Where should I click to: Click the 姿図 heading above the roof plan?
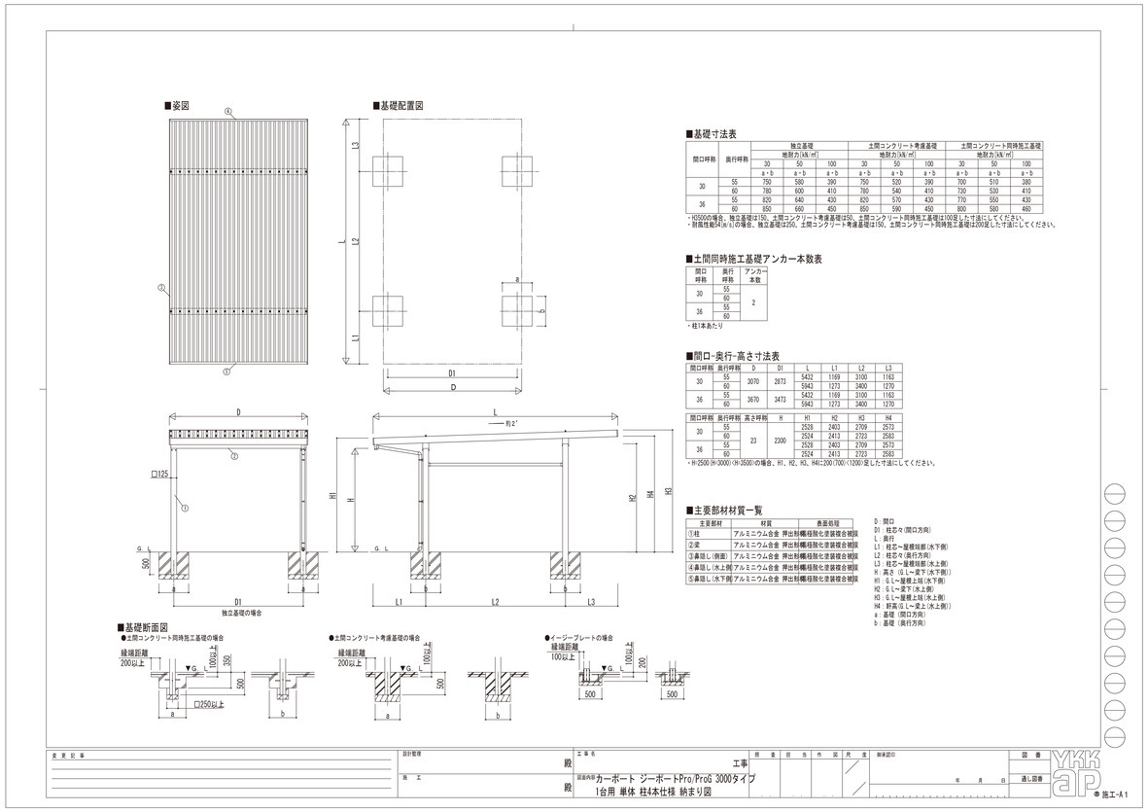coord(178,105)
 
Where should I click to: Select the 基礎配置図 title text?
coord(399,105)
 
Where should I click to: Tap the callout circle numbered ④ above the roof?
coord(228,112)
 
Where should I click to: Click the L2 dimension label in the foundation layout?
coord(356,240)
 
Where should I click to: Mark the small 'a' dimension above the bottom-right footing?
coord(516,279)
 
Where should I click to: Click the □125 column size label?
coord(161,474)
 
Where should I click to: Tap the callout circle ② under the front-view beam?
coord(233,454)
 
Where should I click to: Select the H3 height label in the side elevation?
coord(668,491)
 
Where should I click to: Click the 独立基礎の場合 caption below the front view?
coord(241,614)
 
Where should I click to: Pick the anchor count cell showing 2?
coord(755,301)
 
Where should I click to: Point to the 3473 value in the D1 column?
coord(780,399)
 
